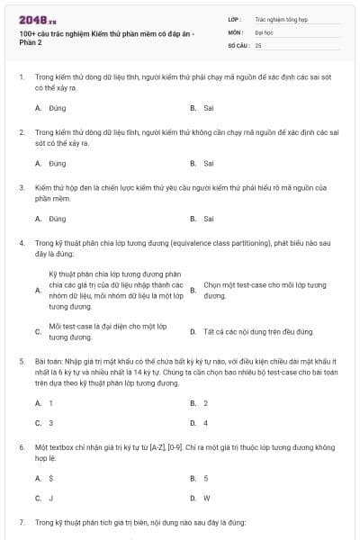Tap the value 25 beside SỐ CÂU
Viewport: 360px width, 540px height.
tap(258, 44)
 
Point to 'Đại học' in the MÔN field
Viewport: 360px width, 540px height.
tap(264, 31)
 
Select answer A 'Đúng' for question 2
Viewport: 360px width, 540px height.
tap(57, 164)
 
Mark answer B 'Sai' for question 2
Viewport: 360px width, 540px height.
tap(208, 164)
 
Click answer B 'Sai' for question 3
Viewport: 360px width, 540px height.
tap(208, 219)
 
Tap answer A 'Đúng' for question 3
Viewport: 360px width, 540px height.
tap(57, 219)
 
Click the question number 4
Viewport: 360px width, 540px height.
tap(21, 243)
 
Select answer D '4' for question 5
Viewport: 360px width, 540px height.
tap(206, 423)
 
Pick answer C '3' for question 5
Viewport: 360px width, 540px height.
tap(50, 423)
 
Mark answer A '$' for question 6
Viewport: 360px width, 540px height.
tap(50, 478)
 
